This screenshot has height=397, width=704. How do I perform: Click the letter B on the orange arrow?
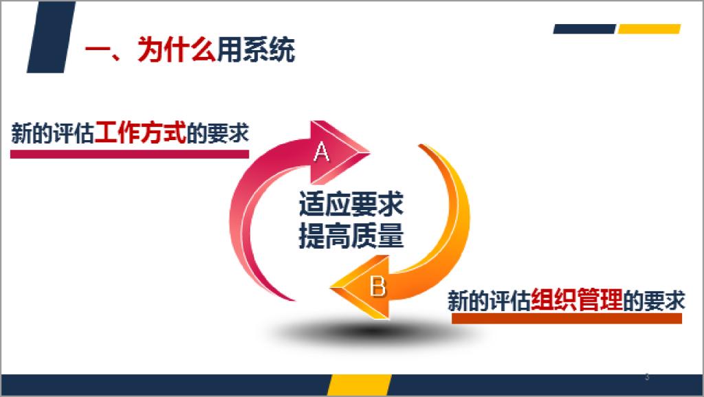point(377,286)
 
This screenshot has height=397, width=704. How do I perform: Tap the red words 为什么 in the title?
point(177,49)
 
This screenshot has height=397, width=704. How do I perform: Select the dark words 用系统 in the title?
point(256,49)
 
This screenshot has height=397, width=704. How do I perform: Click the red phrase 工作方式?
point(140,133)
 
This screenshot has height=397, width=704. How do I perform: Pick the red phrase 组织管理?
point(577,299)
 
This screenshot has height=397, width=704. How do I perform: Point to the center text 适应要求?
point(351,204)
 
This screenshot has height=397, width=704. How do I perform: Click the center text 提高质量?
point(351,235)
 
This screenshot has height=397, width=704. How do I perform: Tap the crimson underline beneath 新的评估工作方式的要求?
point(129,154)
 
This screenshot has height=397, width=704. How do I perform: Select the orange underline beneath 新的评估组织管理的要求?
point(566,319)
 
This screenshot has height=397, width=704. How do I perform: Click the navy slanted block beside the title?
point(51,37)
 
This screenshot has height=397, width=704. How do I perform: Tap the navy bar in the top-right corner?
point(584,29)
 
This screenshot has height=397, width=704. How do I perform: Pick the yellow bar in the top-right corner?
point(649,29)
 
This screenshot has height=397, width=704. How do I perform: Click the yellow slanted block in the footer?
point(359,385)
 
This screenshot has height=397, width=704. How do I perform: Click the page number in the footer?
point(647,377)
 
